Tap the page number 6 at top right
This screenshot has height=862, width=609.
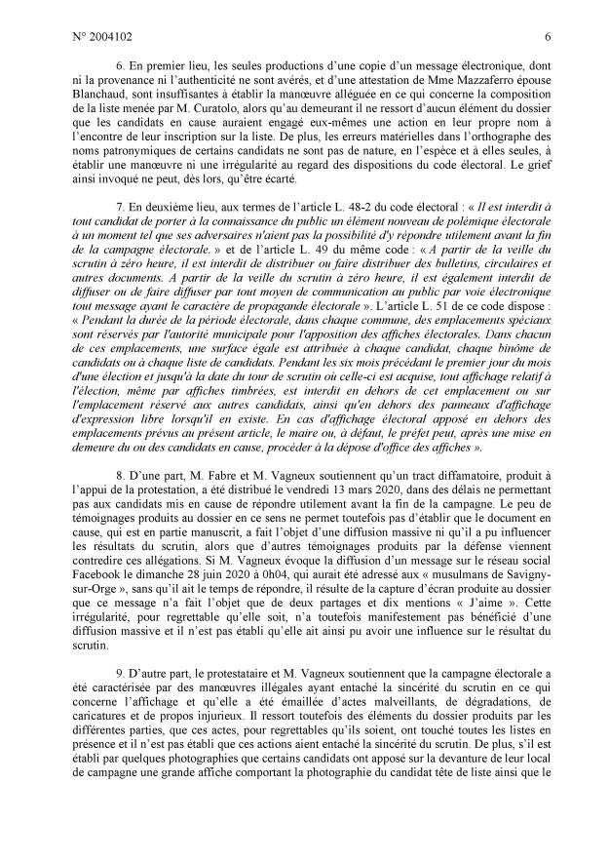coord(549,37)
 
